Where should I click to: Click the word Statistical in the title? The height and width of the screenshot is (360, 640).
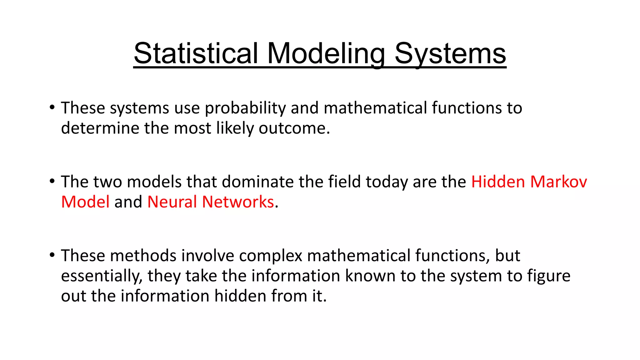196,53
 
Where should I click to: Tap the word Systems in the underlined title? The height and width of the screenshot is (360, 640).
450,53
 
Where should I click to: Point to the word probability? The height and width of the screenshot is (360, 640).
245,108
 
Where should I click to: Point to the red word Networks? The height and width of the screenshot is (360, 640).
238,202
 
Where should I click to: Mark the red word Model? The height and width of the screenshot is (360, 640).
85,202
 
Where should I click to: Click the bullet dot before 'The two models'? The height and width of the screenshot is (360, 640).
52,181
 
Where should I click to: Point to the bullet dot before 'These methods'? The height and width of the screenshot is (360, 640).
52,255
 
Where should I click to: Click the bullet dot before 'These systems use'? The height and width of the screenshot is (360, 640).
52,107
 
